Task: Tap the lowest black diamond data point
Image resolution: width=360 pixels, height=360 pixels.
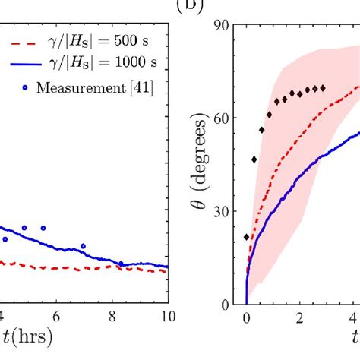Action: (246, 237)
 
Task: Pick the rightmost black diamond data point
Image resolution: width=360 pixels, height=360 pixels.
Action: (323, 88)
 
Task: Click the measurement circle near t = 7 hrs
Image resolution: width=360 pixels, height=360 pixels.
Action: (84, 246)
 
